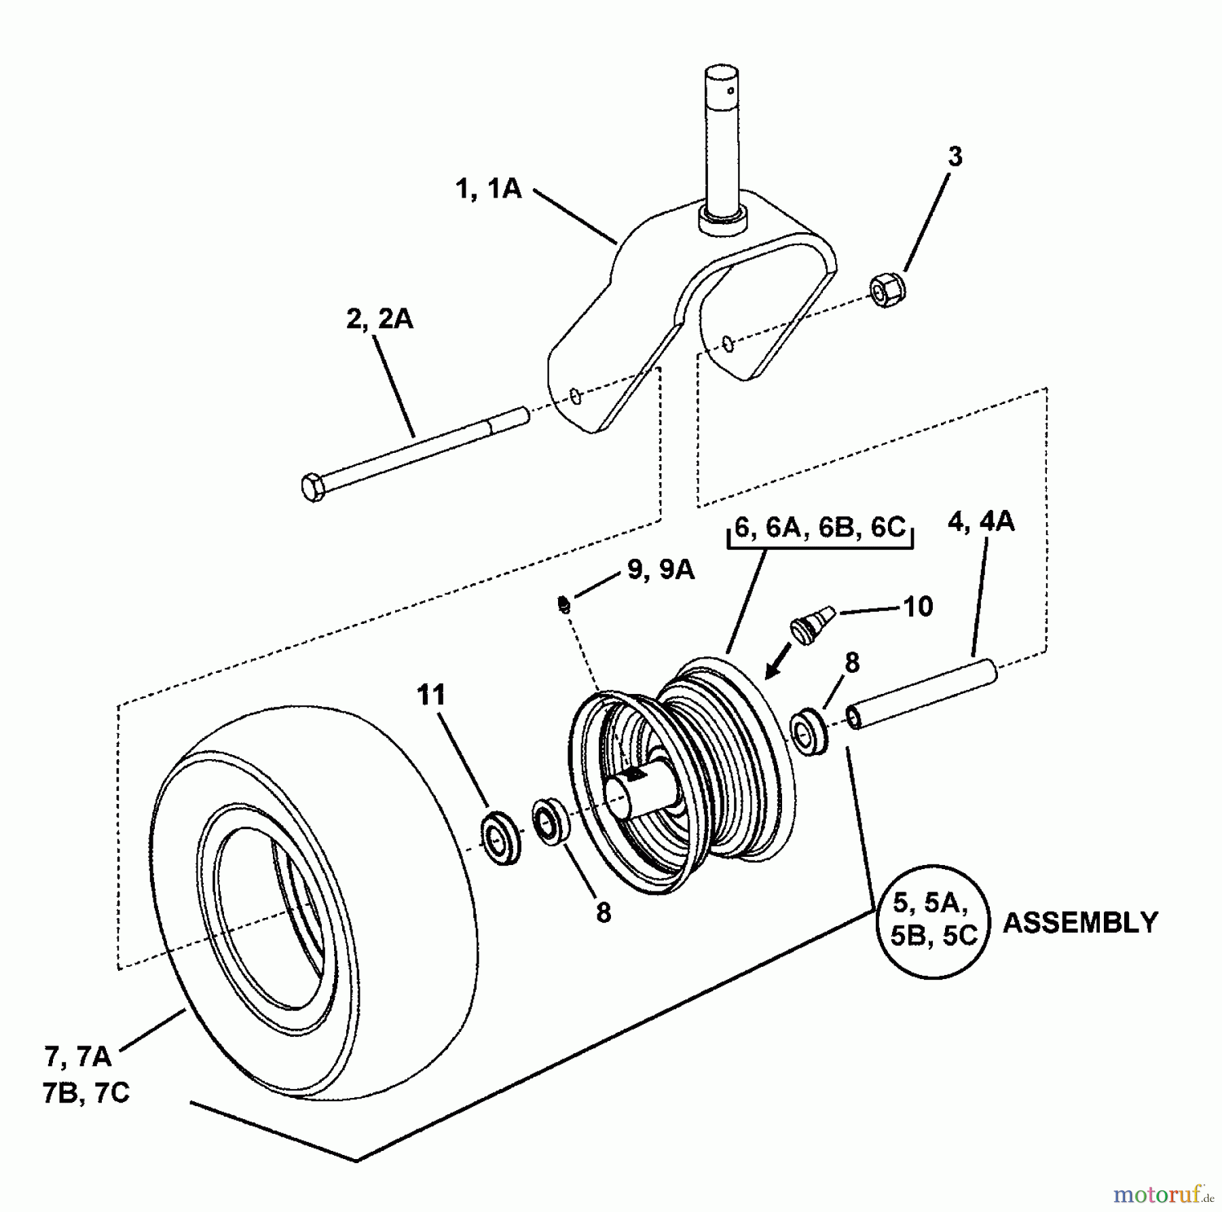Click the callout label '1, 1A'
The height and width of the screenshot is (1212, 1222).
point(488,188)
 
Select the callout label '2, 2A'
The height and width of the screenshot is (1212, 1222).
point(379,318)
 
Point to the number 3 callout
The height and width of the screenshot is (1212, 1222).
point(955,157)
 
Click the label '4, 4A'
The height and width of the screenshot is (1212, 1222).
point(981,521)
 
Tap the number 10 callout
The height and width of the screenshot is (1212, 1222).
point(918,606)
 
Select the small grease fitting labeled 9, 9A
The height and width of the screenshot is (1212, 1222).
point(563,602)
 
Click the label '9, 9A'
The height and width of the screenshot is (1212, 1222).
point(661,570)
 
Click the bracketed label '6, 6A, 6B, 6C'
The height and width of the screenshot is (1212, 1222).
point(820,528)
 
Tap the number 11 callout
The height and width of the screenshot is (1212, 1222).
point(431,695)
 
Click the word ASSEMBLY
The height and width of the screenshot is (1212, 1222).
point(1080,923)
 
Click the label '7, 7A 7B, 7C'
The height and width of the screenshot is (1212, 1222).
point(86,1076)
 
